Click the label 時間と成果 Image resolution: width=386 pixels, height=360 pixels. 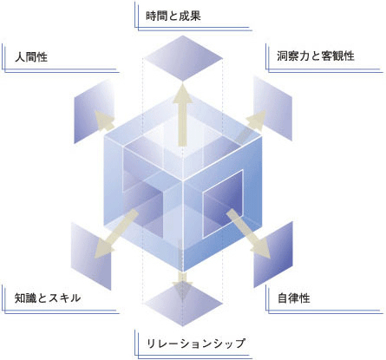pyautogui.click(x=173, y=16)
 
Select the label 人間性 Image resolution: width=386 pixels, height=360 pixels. pyautogui.click(x=31, y=57)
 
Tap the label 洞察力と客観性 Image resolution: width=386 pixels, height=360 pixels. pyautogui.click(x=316, y=56)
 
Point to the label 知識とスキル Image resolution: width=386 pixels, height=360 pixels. pyautogui.click(x=48, y=298)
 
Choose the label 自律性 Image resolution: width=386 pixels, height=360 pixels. pyautogui.click(x=294, y=298)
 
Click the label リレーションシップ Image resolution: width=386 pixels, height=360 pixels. pyautogui.click(x=196, y=344)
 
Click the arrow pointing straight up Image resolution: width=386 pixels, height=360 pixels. pyautogui.click(x=182, y=115)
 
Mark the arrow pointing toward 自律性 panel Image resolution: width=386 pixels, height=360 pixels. pyautogui.click(x=249, y=233)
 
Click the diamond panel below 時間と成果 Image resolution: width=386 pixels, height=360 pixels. pyautogui.click(x=183, y=58)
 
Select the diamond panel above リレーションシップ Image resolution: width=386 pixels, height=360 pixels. pyautogui.click(x=183, y=304)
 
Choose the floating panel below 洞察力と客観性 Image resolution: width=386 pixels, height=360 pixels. pyautogui.click(x=273, y=108)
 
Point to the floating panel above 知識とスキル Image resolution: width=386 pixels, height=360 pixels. pyautogui.click(x=91, y=256)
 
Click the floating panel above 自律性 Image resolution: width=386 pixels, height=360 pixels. pyautogui.click(x=273, y=254)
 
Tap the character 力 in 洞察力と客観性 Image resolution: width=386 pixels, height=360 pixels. pyautogui.click(x=304, y=56)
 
